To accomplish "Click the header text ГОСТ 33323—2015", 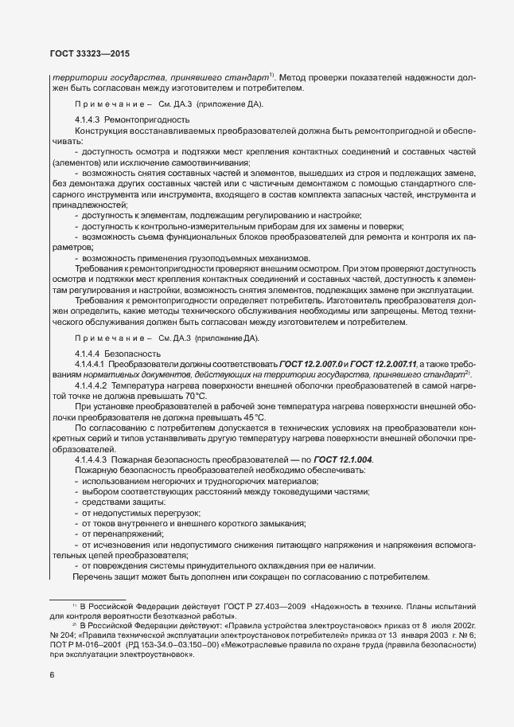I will pos(77,53).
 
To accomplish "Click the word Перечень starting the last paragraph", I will pos(95,576).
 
